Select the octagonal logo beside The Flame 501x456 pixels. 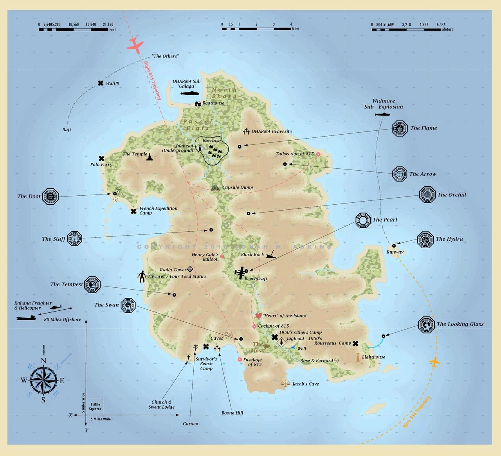coord(399,128)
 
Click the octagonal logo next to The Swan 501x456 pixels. coord(128,305)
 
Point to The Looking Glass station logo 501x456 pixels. coord(426,324)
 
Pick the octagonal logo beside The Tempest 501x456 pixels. coord(93,284)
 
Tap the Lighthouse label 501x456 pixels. coord(373,357)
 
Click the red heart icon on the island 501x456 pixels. coord(258,315)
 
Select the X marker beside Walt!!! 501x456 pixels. coord(101,83)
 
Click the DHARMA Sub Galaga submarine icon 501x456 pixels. coord(192,94)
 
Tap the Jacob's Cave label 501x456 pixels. coord(305,384)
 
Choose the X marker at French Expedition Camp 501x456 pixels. coord(133,211)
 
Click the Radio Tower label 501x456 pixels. coord(173,270)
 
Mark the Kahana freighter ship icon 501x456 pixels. coord(26,318)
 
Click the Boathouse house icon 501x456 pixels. coord(198,103)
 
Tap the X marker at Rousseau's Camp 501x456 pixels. coord(355,344)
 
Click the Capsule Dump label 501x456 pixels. coord(238,187)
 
